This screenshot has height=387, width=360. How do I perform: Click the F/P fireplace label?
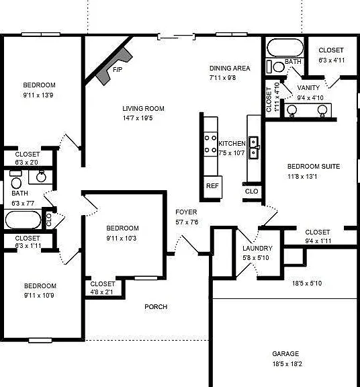click(118, 70)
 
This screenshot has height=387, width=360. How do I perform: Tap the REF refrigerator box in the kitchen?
click(213, 187)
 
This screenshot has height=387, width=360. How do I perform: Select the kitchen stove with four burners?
click(210, 144)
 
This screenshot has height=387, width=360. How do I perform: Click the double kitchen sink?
click(253, 148)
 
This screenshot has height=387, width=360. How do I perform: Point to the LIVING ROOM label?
click(143, 109)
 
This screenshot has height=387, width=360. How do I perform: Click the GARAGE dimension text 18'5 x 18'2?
click(287, 363)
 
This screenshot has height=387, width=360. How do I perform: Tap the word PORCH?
click(156, 307)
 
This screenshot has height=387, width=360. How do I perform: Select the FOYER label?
click(186, 212)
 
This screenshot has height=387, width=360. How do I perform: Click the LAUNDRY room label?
click(257, 248)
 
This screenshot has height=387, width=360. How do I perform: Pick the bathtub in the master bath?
click(285, 48)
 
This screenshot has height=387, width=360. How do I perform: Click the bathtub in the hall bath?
click(23, 220)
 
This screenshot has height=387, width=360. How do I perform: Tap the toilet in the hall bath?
click(16, 180)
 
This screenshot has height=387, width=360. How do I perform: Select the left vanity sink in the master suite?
click(292, 111)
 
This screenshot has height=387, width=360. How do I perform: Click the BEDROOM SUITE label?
click(314, 167)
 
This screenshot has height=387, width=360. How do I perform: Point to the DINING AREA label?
click(230, 68)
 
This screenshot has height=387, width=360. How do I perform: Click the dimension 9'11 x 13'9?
click(38, 95)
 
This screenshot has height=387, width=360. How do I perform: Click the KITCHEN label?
click(232, 143)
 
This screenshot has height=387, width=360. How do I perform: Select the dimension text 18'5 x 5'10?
click(307, 283)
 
